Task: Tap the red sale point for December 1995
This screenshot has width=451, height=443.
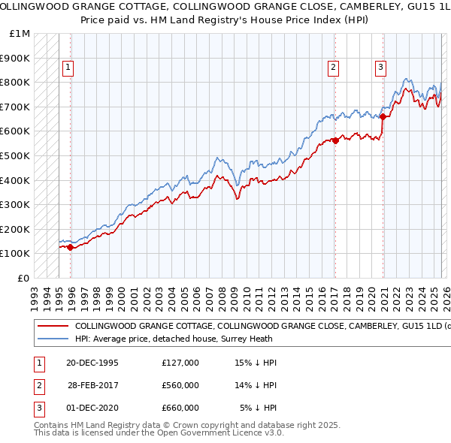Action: (71, 247)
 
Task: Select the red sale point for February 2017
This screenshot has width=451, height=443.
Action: (335, 140)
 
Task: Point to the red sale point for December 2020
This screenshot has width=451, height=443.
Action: (383, 116)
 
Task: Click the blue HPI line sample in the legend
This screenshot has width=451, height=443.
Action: (53, 339)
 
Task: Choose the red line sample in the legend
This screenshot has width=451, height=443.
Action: (53, 327)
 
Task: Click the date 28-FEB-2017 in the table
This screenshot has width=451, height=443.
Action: (93, 385)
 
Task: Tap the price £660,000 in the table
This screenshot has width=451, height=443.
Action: (180, 408)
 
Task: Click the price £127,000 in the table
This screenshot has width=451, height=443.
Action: (180, 363)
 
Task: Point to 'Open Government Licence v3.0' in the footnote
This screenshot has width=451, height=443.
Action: (222, 433)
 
